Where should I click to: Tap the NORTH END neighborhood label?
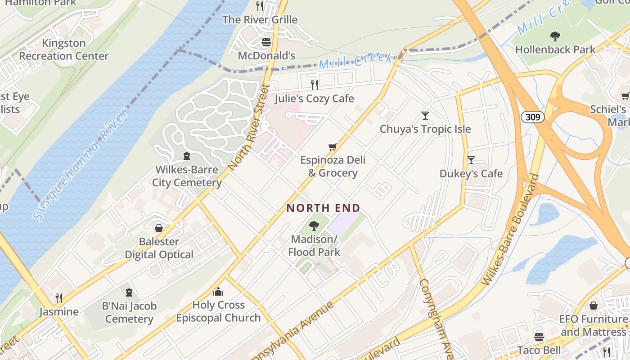[324, 208]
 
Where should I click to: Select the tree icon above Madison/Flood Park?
[314, 226]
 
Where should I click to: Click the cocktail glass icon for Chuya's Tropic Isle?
[425, 116]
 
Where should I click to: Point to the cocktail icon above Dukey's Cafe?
[471, 160]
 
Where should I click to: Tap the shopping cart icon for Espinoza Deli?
[333, 147]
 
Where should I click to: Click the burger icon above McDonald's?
[266, 42]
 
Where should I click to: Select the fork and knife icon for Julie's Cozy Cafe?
[315, 85]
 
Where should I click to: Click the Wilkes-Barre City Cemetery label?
[187, 176]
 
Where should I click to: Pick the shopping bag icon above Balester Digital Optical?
[158, 228]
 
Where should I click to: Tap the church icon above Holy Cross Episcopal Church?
[218, 292]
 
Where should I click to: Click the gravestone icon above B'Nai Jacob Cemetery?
[129, 293]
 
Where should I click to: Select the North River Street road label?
[248, 127]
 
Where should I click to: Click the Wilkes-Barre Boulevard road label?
[510, 229]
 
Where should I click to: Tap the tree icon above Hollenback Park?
[555, 36]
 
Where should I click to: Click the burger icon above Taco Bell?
[539, 337]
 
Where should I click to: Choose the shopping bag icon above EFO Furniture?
[594, 306]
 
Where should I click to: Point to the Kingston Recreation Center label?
[64, 49]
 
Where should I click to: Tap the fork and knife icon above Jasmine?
[58, 298]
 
